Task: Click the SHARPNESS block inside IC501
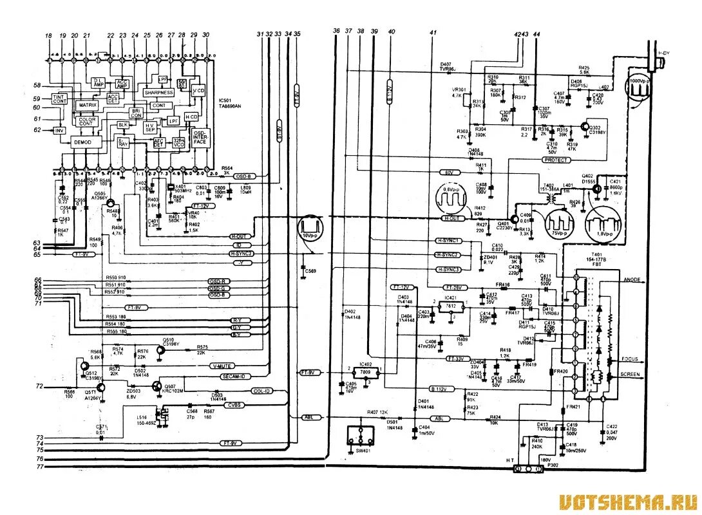(x=158, y=92)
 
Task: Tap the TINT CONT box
(x=59, y=98)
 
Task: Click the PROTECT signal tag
(x=556, y=160)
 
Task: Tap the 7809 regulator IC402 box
(x=365, y=373)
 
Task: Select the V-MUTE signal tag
(x=222, y=366)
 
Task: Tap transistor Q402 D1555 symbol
(x=598, y=188)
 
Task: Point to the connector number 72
(x=39, y=387)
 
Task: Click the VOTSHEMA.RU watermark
(x=627, y=501)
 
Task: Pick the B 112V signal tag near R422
(x=439, y=389)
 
